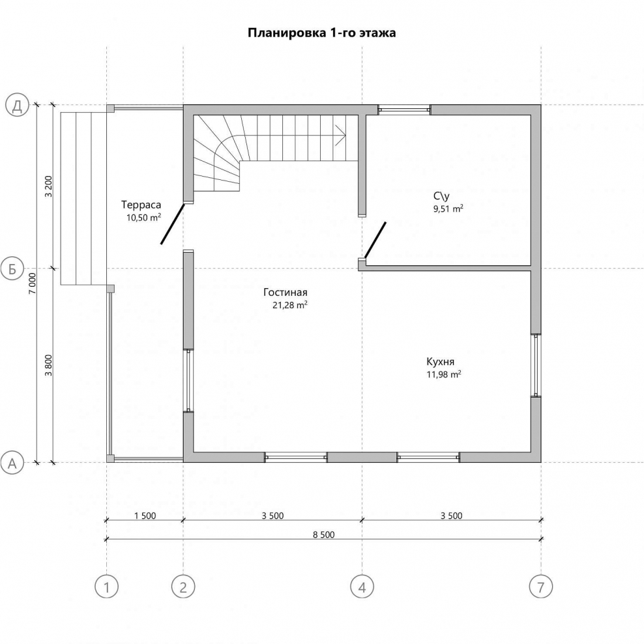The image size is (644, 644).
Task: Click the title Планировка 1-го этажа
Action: [x=321, y=33]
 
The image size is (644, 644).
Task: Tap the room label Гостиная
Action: [x=285, y=293]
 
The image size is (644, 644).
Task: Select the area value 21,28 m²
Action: [x=290, y=305]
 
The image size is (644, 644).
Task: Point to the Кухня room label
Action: [x=440, y=362]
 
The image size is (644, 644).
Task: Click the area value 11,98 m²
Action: [x=444, y=374]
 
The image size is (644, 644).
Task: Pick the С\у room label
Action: [x=441, y=196]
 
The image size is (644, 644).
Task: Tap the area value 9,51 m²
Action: [x=448, y=209]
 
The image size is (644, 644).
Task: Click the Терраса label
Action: [x=141, y=205]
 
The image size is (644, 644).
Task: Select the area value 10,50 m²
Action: [x=143, y=218]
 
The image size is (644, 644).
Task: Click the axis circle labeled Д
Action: [x=17, y=106]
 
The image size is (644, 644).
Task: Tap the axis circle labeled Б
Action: [x=12, y=269]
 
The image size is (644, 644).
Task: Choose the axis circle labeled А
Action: [x=12, y=463]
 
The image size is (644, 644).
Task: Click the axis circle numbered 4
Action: [x=362, y=587]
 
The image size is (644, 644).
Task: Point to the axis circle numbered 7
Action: [x=541, y=587]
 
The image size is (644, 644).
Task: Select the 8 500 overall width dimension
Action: [x=324, y=534]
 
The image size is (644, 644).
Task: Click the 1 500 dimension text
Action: [x=145, y=516]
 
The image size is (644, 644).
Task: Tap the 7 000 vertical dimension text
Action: [x=33, y=283]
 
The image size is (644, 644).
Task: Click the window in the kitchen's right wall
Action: [x=536, y=365]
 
